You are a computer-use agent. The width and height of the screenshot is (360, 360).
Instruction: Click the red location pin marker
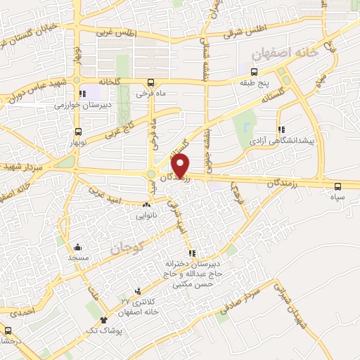click(181, 165)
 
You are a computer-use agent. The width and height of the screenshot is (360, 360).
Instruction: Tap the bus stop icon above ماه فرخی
click(150, 81)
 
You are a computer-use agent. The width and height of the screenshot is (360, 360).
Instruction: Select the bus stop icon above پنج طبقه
click(254, 72)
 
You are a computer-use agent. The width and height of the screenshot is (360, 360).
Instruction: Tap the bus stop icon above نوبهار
click(77, 131)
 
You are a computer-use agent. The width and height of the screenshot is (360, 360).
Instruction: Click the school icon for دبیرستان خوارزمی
click(83, 93)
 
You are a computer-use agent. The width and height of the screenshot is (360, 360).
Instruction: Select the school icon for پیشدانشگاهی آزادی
click(282, 129)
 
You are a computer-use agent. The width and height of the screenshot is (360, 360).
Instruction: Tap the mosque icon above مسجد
click(77, 247)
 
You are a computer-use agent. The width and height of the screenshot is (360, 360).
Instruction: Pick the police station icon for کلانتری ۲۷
click(137, 290)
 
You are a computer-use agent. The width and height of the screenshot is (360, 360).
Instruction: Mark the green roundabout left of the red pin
click(151, 175)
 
